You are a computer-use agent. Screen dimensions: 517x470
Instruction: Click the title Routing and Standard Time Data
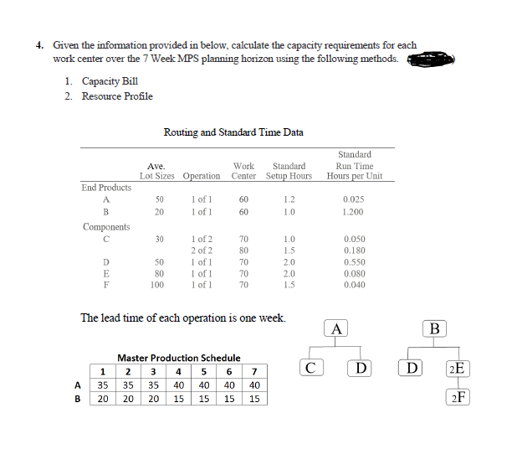tap(233, 132)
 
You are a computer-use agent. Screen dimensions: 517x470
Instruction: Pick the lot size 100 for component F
tap(156, 286)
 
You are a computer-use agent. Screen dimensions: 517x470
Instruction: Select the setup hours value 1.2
tap(289, 199)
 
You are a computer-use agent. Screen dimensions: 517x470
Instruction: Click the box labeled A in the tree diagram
tap(336, 328)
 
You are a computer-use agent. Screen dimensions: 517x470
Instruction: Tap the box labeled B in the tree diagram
tap(435, 328)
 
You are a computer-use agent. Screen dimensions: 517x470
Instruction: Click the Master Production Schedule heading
tap(178, 358)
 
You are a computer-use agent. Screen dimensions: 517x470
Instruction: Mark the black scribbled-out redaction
tap(432, 59)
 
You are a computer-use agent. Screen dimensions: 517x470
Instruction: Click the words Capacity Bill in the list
tap(112, 81)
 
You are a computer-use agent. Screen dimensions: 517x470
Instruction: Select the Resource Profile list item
tap(117, 96)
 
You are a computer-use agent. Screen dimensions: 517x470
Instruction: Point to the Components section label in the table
tap(106, 227)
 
